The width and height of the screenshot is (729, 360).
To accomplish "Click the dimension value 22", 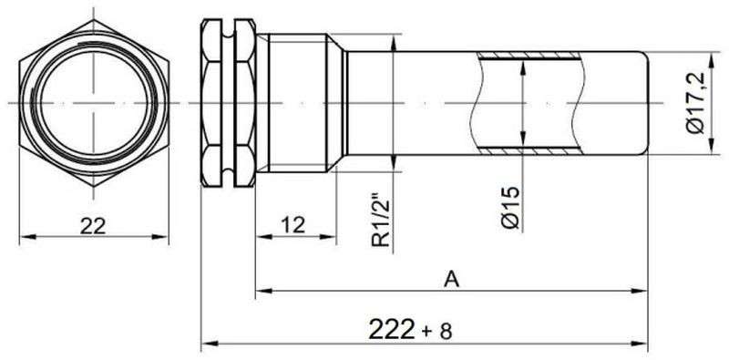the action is [x=93, y=227].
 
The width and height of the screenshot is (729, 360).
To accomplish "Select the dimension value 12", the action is [x=293, y=225].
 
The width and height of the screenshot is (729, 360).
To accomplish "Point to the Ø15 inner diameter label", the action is [x=510, y=208].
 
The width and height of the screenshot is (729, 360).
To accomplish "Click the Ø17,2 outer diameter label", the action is [x=696, y=103].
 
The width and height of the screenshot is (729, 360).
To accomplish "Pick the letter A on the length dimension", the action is [x=451, y=280].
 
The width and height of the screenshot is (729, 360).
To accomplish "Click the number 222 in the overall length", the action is [x=391, y=330].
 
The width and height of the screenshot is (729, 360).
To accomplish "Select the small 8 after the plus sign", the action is [x=446, y=332].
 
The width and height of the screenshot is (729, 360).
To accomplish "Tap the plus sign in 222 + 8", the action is [x=426, y=332].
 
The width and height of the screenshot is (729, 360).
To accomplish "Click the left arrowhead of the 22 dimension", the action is [x=27, y=237].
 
